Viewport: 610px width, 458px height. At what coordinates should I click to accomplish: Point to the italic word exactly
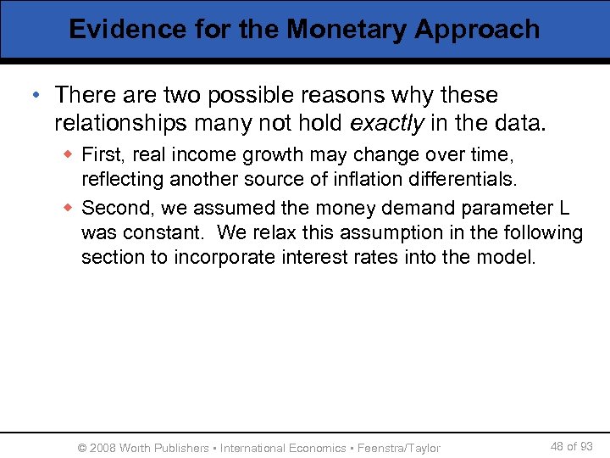(387, 124)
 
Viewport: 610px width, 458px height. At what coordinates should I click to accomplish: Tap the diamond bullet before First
(69, 155)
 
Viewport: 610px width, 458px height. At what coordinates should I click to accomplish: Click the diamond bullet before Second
(69, 208)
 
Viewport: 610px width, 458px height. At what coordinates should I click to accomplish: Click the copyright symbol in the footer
(82, 448)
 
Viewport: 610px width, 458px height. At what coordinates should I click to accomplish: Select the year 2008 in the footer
(103, 448)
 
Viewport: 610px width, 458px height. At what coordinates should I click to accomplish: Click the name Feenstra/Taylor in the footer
(399, 448)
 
